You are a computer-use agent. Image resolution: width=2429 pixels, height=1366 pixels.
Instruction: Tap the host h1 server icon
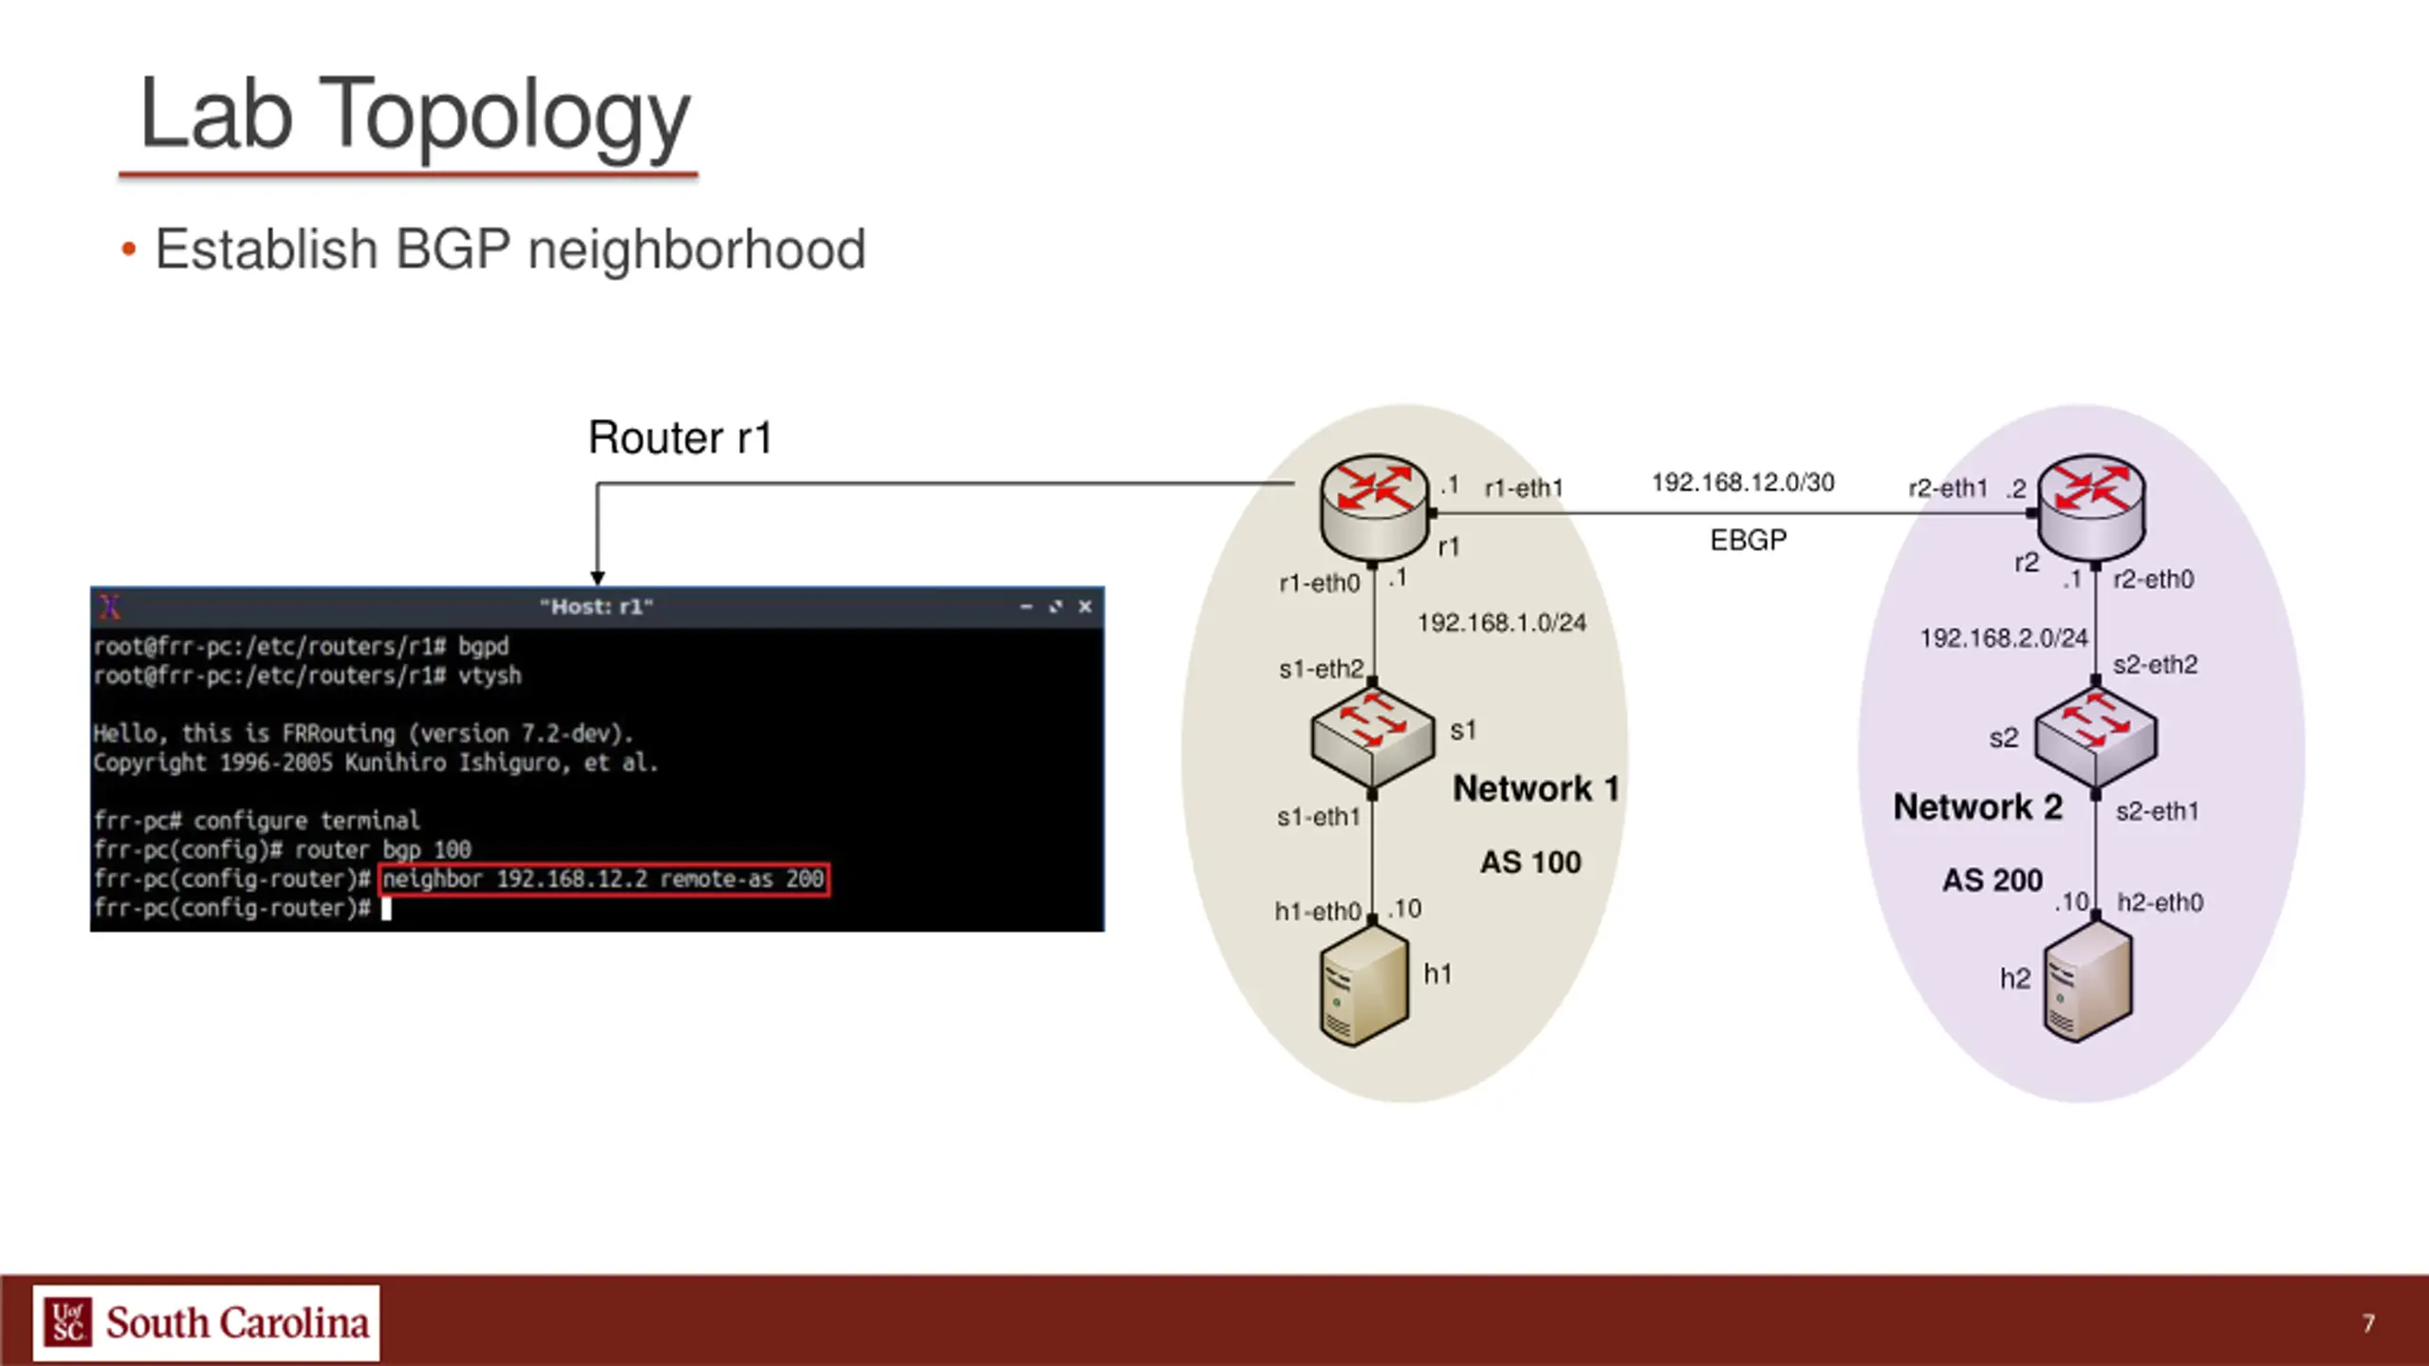(1364, 987)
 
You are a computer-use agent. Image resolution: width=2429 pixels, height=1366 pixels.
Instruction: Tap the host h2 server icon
(2086, 981)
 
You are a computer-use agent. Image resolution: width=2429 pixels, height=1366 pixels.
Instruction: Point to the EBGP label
(1748, 541)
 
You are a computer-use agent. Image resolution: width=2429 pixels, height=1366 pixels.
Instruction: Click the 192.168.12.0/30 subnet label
(1743, 483)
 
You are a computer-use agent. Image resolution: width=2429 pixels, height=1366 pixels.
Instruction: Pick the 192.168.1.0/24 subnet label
(1501, 623)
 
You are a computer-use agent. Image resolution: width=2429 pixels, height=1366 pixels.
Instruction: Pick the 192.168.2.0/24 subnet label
(2004, 638)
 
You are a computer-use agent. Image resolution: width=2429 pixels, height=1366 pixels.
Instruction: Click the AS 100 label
(1530, 862)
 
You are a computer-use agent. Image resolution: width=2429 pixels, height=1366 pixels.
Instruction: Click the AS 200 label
(1992, 880)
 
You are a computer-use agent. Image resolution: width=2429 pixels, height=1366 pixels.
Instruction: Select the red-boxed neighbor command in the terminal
(603, 879)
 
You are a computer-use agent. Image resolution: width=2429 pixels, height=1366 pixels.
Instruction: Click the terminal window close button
(1085, 607)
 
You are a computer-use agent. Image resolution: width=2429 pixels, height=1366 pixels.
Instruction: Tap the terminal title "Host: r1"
(596, 607)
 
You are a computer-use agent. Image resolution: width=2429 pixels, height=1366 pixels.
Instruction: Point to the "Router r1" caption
(680, 438)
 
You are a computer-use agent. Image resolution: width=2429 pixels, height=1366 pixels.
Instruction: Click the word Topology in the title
(503, 116)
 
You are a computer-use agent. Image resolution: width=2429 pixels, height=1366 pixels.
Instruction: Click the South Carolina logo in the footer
(206, 1322)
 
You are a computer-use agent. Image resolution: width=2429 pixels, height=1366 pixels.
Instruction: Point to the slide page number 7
(2368, 1323)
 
